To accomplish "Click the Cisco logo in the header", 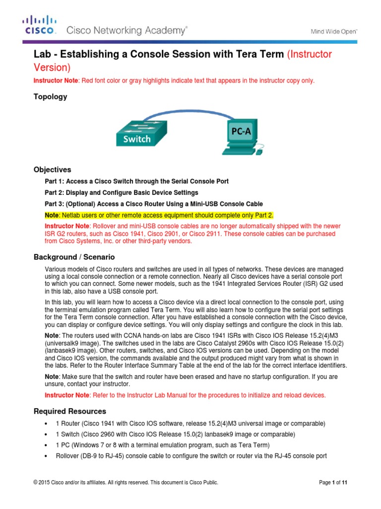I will tap(40, 25).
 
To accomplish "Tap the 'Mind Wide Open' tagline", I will tap(334, 30).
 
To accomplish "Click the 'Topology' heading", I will tap(50, 97).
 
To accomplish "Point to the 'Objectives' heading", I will tap(52, 170).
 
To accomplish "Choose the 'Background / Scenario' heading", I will tap(74, 257).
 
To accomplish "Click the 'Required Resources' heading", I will tap(69, 411).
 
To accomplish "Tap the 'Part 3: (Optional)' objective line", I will tap(154, 203).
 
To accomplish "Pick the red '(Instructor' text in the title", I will tap(310, 54).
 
